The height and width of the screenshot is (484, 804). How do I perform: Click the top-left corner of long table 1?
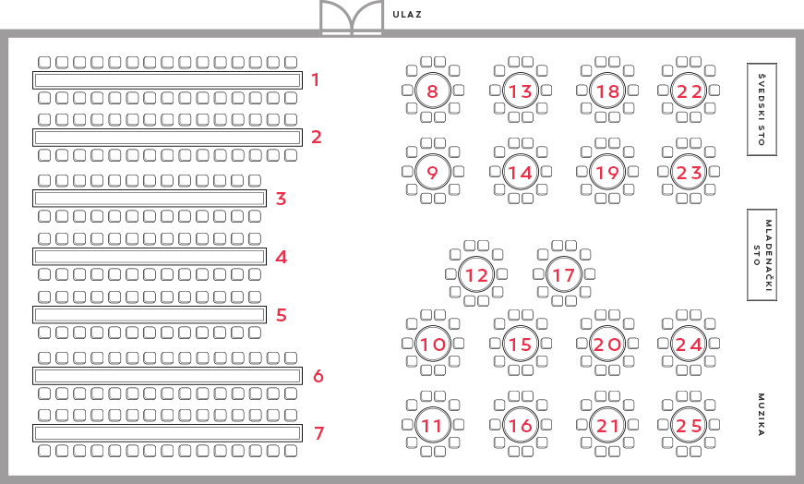coord(33,72)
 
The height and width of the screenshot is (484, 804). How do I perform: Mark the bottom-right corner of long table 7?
coord(302,442)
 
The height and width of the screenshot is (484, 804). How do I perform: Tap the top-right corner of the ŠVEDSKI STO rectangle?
coord(776,63)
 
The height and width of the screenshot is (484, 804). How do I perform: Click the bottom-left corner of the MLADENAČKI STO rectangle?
coord(748,300)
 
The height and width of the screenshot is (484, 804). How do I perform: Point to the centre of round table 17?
coord(564,274)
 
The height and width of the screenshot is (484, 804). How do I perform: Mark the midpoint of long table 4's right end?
coord(266,257)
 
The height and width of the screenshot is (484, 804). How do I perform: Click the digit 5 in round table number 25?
coord(695,426)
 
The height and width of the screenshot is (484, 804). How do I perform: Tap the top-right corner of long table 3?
coord(266,190)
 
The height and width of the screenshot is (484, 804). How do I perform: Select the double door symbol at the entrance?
coord(352,18)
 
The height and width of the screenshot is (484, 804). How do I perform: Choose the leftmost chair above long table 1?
coord(44,62)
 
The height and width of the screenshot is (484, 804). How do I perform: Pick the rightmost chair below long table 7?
coord(291,451)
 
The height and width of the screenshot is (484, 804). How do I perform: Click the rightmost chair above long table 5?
coord(255,296)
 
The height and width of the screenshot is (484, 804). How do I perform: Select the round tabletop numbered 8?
coord(433,91)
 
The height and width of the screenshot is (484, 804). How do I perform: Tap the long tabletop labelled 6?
coord(167,376)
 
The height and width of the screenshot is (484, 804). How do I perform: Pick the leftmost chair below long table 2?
coord(44,155)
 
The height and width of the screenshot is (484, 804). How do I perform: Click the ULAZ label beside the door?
coord(407,15)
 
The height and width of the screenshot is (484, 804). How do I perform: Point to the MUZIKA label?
coord(762,415)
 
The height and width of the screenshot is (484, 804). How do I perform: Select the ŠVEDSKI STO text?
coord(762,109)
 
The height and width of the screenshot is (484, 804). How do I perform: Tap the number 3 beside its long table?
coord(281,199)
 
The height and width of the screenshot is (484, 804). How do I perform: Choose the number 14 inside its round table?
coord(521,173)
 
